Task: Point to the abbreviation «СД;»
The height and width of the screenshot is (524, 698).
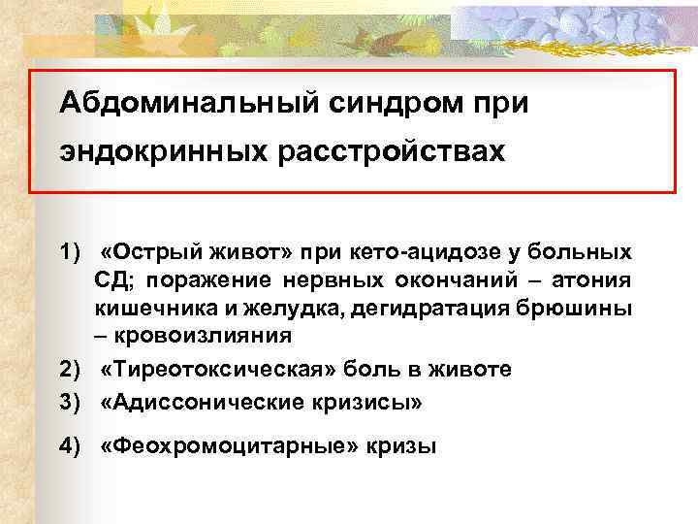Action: click(x=111, y=281)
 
